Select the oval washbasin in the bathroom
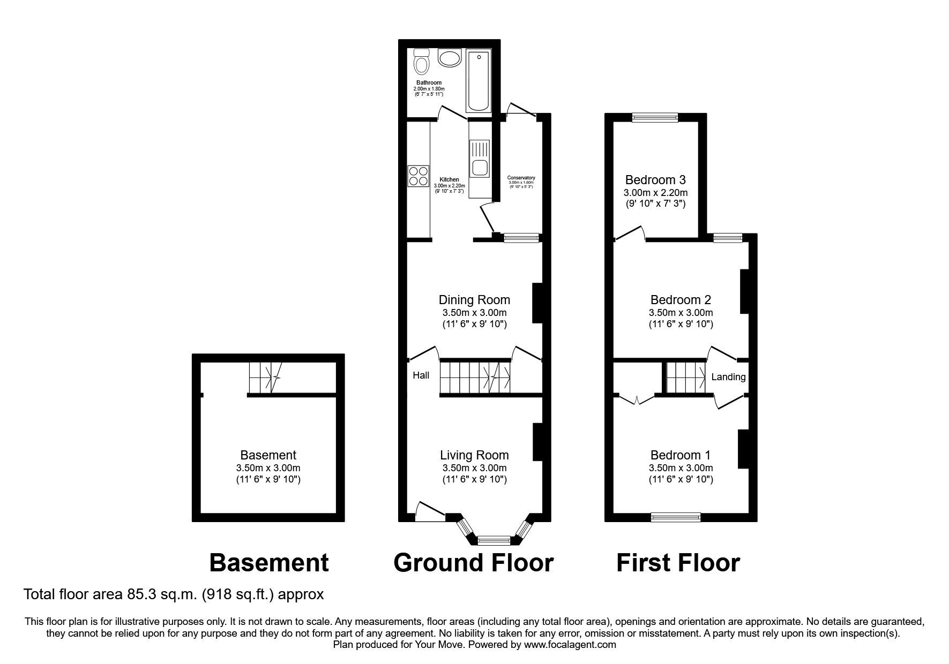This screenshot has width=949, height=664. pyautogui.click(x=449, y=57)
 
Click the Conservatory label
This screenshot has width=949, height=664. pyautogui.click(x=521, y=178)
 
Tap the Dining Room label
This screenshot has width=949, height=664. pyautogui.click(x=474, y=300)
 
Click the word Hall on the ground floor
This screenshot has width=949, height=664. pyautogui.click(x=421, y=375)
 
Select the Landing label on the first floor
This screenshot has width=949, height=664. pyautogui.click(x=728, y=377)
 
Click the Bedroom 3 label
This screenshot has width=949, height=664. pyautogui.click(x=655, y=180)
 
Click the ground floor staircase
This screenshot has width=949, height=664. pyautogui.click(x=475, y=377)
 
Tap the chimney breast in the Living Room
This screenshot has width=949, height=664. pyautogui.click(x=537, y=442)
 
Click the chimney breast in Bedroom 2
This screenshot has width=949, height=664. pyautogui.click(x=744, y=291)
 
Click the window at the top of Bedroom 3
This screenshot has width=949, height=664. pyautogui.click(x=655, y=118)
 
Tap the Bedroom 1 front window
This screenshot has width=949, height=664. pyautogui.click(x=675, y=517)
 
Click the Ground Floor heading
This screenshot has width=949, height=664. pyautogui.click(x=473, y=563)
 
